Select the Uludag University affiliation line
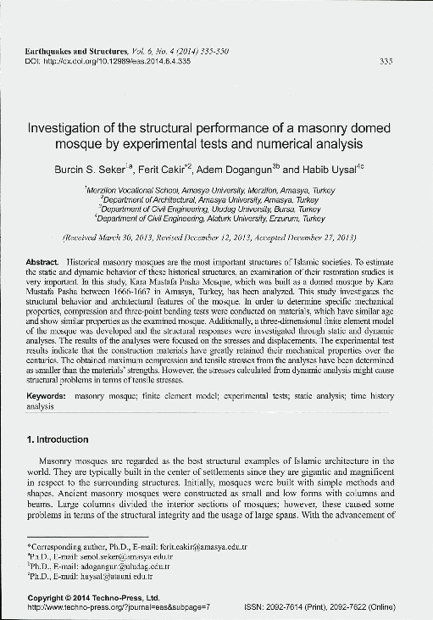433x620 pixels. pyautogui.click(x=216, y=209)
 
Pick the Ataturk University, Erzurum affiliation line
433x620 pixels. pyautogui.click(x=216, y=217)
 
